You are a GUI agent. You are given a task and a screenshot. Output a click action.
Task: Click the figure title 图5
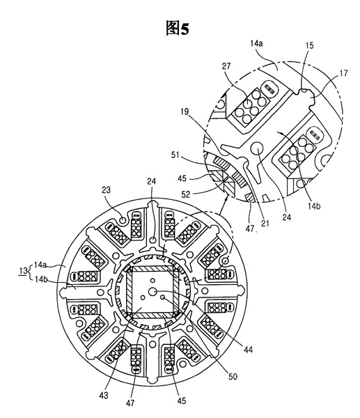177,29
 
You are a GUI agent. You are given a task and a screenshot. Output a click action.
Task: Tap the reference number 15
309,45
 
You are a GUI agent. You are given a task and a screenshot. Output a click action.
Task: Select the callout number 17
344,73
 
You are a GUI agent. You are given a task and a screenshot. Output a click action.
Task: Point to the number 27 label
226,66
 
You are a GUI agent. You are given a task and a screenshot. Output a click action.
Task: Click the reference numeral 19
185,111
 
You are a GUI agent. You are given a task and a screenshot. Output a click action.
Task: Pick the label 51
175,155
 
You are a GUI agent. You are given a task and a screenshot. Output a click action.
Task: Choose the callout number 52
186,194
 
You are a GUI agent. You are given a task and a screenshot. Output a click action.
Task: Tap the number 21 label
265,223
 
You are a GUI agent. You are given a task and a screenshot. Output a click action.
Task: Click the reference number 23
106,190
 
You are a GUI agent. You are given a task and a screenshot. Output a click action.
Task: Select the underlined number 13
23,271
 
